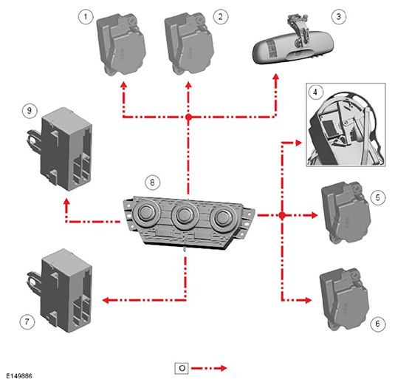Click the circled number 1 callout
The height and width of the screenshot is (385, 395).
(86, 17)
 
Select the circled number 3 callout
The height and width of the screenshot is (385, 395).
(338, 17)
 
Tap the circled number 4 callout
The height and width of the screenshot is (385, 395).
(315, 92)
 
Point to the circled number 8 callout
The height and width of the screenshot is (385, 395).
(152, 182)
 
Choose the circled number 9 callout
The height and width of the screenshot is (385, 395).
(30, 110)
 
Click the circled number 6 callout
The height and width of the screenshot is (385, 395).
(377, 324)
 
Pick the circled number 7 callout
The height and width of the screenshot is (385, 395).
(27, 321)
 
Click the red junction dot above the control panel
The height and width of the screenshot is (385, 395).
(188, 117)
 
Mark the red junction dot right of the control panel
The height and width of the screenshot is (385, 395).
(282, 215)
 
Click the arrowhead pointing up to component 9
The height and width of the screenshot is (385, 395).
(66, 202)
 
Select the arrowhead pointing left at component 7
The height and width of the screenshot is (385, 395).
(106, 300)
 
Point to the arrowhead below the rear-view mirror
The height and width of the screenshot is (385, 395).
(276, 77)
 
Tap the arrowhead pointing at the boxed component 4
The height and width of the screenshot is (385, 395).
(298, 143)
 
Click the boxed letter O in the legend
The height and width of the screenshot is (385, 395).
(182, 368)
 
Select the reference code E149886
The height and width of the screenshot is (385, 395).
(19, 376)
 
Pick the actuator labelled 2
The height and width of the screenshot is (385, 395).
(189, 44)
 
